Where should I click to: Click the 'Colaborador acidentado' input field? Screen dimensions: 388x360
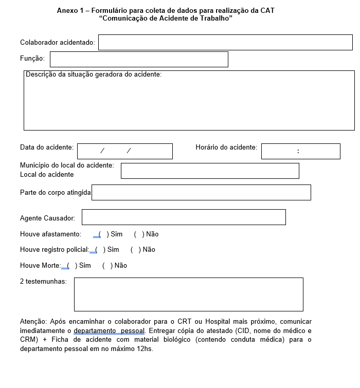coord(225,43)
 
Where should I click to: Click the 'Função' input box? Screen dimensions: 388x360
coord(139,59)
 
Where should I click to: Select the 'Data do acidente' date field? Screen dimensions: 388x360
coord(125,151)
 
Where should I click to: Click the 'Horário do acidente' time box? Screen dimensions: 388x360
coord(301,151)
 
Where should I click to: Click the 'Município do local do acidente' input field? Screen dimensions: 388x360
coord(210,171)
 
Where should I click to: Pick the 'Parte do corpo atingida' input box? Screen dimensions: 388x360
coord(201,192)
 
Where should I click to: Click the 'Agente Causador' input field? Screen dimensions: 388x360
coord(184,217)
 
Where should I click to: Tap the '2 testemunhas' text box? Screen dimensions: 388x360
coord(189,294)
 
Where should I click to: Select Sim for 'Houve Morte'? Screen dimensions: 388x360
coord(71,266)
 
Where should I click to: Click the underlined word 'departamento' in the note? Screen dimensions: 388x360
coord(95,330)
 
